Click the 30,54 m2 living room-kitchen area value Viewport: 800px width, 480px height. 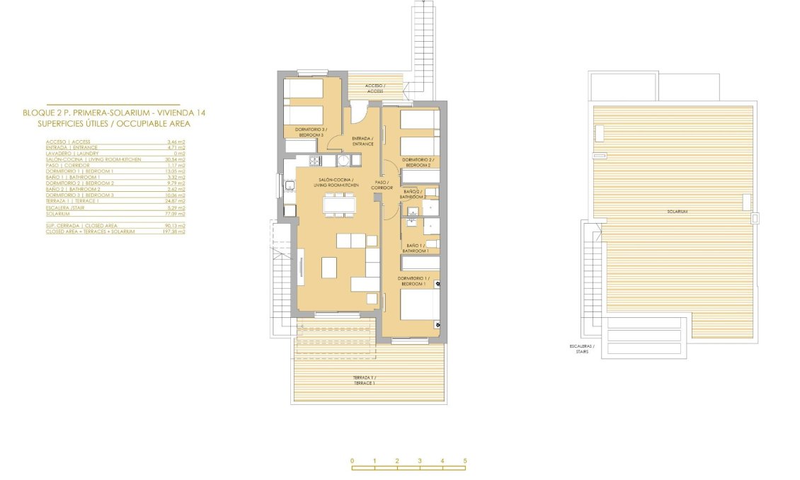click(175, 159)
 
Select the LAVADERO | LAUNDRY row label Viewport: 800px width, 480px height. click(72, 154)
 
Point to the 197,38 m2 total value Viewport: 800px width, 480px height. click(174, 232)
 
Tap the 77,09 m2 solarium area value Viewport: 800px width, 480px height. click(175, 214)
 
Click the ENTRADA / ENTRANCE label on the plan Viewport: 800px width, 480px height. click(362, 141)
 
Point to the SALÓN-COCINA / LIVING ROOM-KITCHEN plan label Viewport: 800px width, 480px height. click(336, 183)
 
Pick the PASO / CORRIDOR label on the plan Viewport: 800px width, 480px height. click(383, 185)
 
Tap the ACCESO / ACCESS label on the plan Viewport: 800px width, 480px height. click(375, 88)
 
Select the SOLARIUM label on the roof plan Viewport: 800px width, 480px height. click(677, 212)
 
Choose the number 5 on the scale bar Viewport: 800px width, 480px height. click(465, 461)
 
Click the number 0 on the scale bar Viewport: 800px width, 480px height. click(352, 461)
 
